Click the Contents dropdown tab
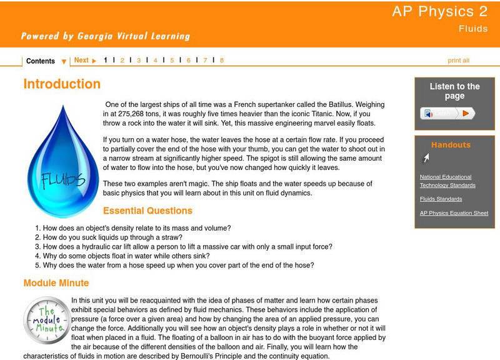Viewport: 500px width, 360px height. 46,61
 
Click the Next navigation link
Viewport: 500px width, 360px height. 85,61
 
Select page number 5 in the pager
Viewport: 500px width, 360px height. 172,61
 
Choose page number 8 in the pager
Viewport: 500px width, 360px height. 221,61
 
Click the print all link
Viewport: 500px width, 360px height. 458,61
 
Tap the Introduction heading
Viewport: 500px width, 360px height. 62,84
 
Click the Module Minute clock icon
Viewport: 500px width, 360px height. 47,321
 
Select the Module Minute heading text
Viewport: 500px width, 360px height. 56,283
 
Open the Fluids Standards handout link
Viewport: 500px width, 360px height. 441,199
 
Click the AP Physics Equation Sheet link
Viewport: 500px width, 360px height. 454,213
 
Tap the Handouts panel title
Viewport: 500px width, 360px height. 451,145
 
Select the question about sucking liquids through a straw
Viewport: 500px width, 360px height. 112,237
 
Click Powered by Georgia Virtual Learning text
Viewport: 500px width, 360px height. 105,36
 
